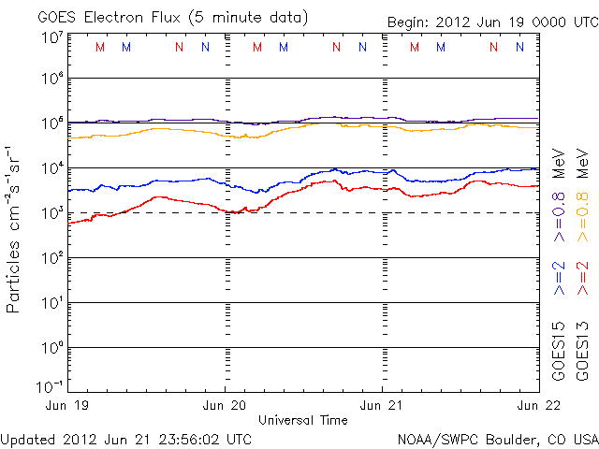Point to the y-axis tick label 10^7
coord(52,36)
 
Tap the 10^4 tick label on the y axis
coord(52,167)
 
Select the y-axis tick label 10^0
coord(52,347)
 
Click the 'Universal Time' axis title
coord(304,420)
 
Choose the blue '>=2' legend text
coord(560,279)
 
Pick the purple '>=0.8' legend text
coord(560,216)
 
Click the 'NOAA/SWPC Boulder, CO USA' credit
coord(497,438)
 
